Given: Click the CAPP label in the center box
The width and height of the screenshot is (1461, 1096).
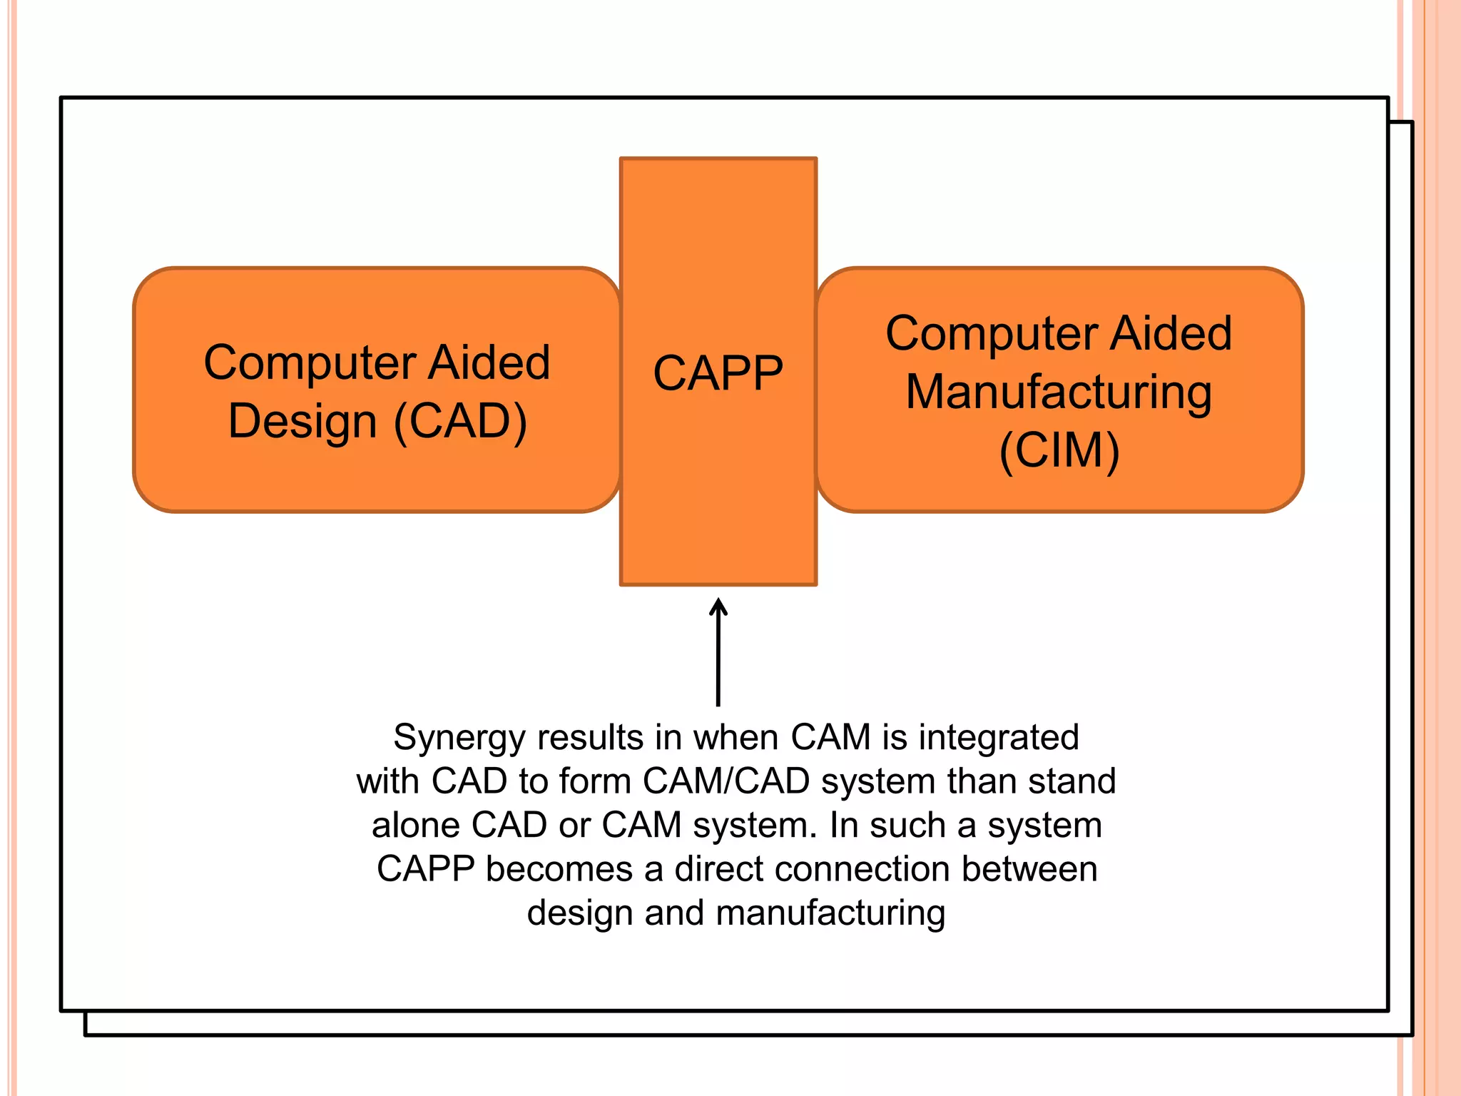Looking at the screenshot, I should point(718,373).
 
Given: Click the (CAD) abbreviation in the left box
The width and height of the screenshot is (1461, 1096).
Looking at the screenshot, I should point(460,421).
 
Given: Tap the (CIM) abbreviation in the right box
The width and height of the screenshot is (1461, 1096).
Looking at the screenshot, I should point(1059,451).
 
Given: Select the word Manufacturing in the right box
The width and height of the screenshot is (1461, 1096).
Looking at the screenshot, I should point(1059,392).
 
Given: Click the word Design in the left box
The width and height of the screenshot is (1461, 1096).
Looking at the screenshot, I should point(302,421).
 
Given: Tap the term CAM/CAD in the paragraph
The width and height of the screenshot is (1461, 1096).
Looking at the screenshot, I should point(726,781).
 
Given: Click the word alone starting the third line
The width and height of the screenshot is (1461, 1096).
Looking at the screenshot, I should point(416,826).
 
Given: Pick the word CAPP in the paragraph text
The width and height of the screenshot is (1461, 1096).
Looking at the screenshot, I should point(426,870).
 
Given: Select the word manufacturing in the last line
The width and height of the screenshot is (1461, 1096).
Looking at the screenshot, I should point(830,914).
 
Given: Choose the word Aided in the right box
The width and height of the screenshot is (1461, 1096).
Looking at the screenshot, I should point(1171,333).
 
